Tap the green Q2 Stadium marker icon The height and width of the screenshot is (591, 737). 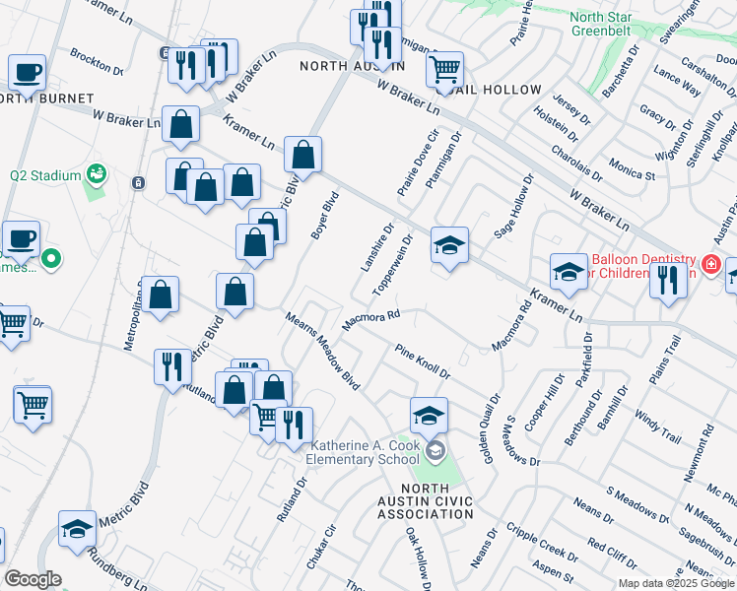click(x=97, y=174)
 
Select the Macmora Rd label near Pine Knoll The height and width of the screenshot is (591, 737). click(x=369, y=321)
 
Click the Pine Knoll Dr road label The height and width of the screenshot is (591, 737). click(x=423, y=361)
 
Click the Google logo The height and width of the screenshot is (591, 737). click(x=33, y=579)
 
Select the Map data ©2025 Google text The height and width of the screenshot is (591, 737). click(x=676, y=583)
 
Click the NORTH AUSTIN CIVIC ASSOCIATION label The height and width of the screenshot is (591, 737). click(x=425, y=501)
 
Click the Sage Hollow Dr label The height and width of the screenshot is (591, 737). click(x=518, y=206)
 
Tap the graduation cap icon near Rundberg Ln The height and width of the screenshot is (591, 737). click(x=77, y=529)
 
